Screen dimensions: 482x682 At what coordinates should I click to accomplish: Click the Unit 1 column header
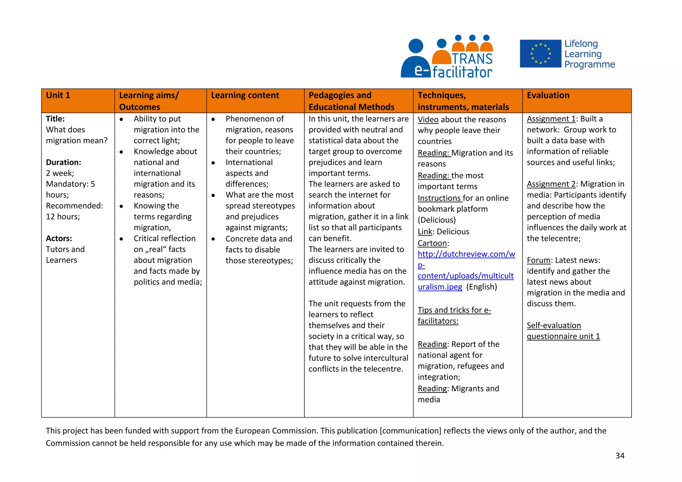point(58,96)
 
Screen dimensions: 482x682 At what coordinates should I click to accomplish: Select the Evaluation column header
point(548,96)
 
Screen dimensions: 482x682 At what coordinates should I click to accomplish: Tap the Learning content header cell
point(245,96)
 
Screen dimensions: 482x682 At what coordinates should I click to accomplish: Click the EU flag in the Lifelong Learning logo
point(540,54)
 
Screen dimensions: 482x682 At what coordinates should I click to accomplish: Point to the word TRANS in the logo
point(472,59)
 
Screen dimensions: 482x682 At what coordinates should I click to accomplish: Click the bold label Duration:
point(63,162)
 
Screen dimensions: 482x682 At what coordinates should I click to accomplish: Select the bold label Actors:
point(59,238)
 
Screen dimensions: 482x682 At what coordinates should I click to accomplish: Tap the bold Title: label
point(55,119)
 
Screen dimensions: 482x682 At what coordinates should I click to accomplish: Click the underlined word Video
point(428,120)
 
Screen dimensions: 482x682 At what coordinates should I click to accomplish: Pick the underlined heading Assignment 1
point(551,119)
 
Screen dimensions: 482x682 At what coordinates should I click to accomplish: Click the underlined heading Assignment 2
point(551,184)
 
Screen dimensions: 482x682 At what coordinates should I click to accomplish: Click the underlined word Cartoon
point(432,243)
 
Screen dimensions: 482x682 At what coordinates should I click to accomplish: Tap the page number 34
point(620,456)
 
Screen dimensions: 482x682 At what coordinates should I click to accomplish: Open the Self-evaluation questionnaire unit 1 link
point(563,331)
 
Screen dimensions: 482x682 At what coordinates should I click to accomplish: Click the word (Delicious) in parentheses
point(437,220)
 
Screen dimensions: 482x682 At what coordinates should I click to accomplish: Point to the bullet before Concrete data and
point(213,239)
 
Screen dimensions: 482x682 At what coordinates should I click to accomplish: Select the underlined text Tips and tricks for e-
point(454,310)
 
